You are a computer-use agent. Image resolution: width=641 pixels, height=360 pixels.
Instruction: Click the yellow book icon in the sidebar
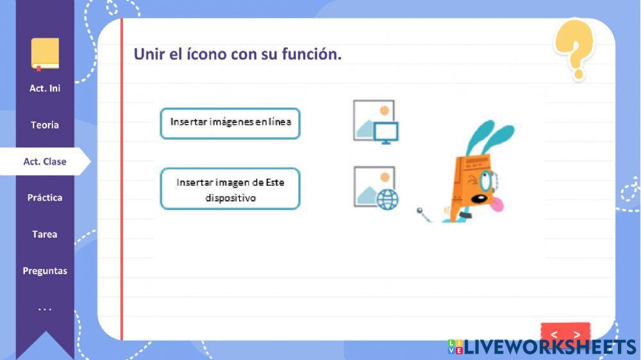point(45,54)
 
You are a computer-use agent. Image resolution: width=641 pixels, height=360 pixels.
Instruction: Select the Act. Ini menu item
point(45,88)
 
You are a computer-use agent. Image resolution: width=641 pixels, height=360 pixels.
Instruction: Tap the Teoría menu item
point(45,125)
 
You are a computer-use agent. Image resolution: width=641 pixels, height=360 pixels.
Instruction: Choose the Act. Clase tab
point(45,161)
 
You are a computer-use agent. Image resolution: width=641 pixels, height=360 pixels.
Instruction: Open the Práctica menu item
point(45,198)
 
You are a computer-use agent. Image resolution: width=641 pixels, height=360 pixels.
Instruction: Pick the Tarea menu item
point(45,234)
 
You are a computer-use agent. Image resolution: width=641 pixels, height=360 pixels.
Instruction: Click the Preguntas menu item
point(45,271)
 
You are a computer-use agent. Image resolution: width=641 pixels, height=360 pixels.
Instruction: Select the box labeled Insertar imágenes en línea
point(230,123)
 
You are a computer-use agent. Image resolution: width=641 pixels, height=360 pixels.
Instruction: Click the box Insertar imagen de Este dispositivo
point(230,190)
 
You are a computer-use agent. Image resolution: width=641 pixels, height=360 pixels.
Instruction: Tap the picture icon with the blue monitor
point(376,121)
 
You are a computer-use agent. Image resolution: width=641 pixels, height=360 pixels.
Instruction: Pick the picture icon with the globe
point(376,188)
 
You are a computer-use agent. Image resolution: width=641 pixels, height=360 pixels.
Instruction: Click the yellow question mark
point(574,48)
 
